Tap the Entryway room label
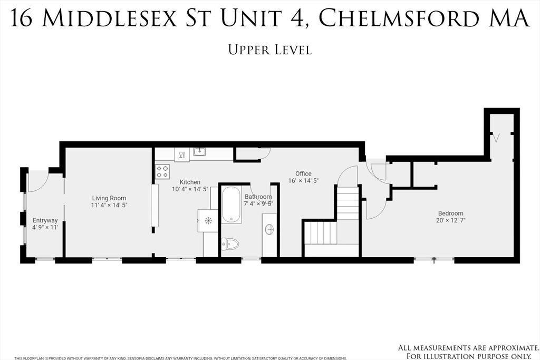tap(45, 220)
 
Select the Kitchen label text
tap(190, 182)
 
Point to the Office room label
tap(303, 173)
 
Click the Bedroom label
tap(450, 213)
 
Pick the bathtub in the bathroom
tap(232, 205)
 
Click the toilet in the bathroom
tap(231, 244)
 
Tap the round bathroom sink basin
tap(269, 229)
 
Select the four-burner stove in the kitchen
tap(162, 171)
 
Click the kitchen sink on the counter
tap(200, 152)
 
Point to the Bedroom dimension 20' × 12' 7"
tap(450, 220)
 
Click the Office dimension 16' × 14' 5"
tap(303, 180)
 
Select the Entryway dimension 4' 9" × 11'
tap(45, 227)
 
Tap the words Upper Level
tap(269, 50)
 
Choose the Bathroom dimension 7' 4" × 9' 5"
tap(258, 203)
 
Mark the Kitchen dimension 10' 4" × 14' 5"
tap(190, 189)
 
